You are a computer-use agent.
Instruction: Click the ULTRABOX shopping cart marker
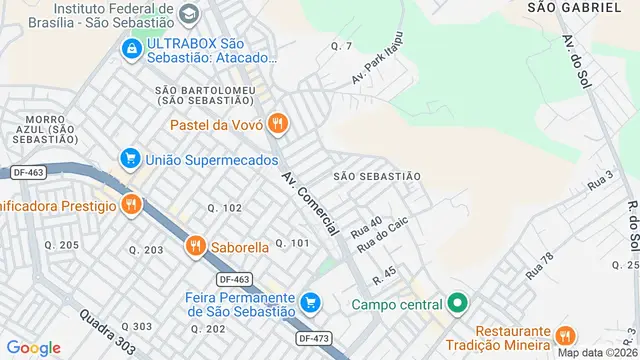click(x=130, y=49)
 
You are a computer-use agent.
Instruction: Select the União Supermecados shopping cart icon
click(x=129, y=158)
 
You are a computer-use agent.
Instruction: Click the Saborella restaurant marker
click(x=194, y=246)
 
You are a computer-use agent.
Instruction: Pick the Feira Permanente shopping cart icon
click(x=311, y=300)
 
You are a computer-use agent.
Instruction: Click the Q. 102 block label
click(x=225, y=208)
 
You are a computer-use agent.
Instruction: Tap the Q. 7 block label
click(x=342, y=47)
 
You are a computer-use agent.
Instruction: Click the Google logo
click(x=34, y=347)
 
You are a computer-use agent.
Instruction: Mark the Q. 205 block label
click(x=62, y=245)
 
